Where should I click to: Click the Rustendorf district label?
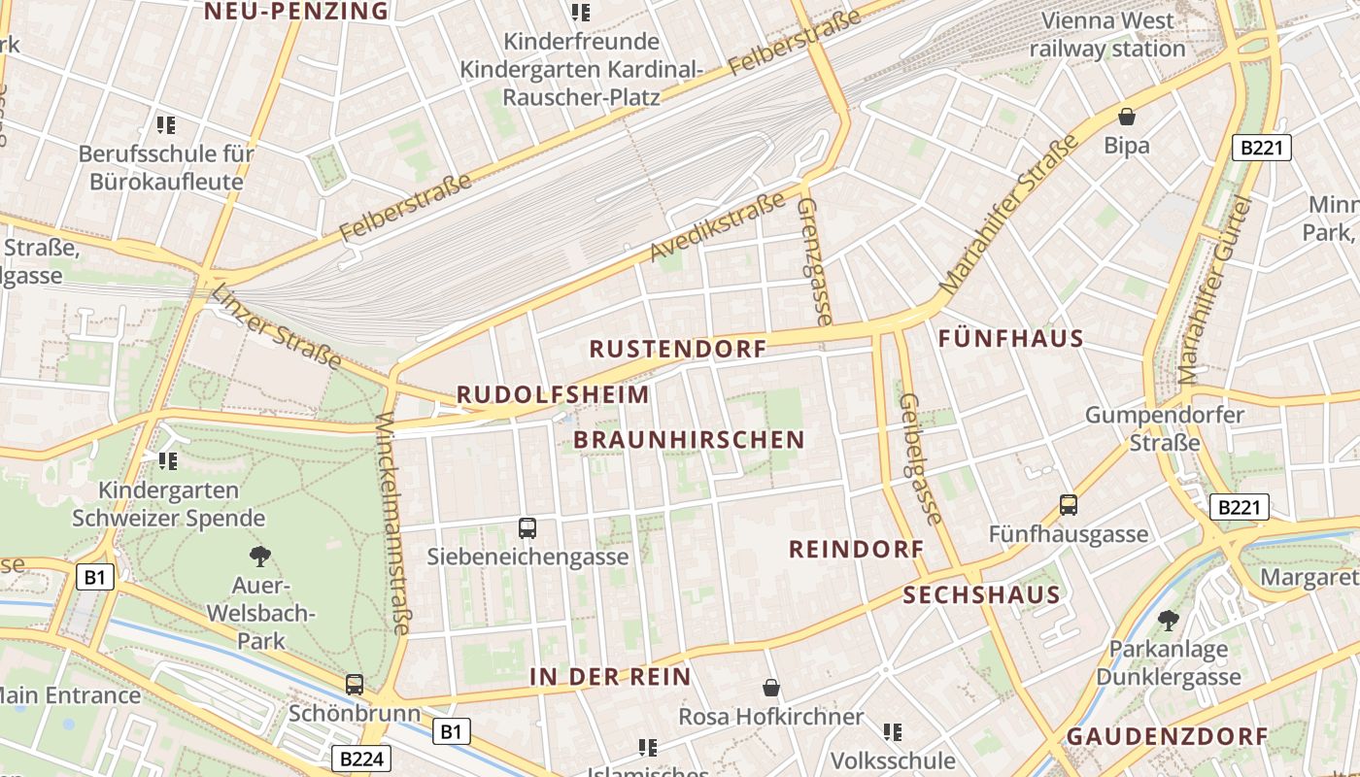coord(678,349)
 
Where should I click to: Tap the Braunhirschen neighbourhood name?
coord(689,440)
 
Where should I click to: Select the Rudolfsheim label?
coord(553,394)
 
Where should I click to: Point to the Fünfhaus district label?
coord(1011,339)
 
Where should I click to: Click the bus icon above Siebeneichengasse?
coord(527,528)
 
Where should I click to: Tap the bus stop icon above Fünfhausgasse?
coord(1069,505)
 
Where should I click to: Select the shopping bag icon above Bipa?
coord(1127,117)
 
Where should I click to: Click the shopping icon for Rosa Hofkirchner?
coord(771,688)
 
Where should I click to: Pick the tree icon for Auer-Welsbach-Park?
coord(259,557)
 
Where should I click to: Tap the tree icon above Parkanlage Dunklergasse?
coord(1168,620)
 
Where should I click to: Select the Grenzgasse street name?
coord(814,261)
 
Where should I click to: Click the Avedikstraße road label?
coord(718,227)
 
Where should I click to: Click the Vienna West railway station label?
coord(1107,34)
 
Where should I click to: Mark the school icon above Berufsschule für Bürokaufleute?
coord(166,124)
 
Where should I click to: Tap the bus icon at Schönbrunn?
coord(355,684)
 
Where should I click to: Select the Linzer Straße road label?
coord(277,326)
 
